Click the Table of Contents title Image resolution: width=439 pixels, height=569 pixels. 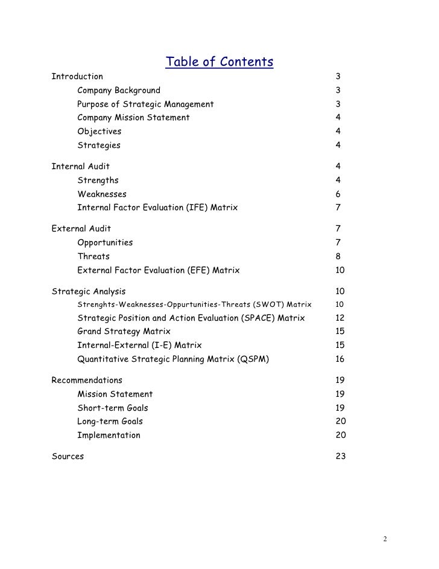[219, 62]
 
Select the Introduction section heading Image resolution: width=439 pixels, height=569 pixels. [77, 77]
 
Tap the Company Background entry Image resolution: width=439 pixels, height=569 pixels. [119, 91]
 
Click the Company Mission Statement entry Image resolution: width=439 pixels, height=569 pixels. [133, 118]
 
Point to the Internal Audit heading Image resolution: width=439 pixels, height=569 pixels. [81, 166]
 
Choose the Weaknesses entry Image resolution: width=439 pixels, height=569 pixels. [102, 194]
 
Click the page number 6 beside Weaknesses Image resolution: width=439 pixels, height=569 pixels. [338, 194]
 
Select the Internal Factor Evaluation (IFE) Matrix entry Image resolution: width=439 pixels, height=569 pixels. [157, 208]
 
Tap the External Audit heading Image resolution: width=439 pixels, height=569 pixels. [81, 228]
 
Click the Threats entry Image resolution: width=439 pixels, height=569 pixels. [93, 256]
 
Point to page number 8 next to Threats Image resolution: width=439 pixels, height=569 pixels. [338, 256]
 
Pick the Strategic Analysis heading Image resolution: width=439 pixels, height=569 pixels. [89, 291]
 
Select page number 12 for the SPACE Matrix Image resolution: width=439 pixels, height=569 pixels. [340, 318]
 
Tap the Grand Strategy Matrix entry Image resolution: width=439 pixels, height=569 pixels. [124, 332]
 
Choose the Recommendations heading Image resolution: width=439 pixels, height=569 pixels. [87, 381]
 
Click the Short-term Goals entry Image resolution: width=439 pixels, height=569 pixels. [112, 408]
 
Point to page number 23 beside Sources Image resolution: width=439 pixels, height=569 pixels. [340, 457]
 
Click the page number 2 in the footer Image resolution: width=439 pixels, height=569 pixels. [385, 539]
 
